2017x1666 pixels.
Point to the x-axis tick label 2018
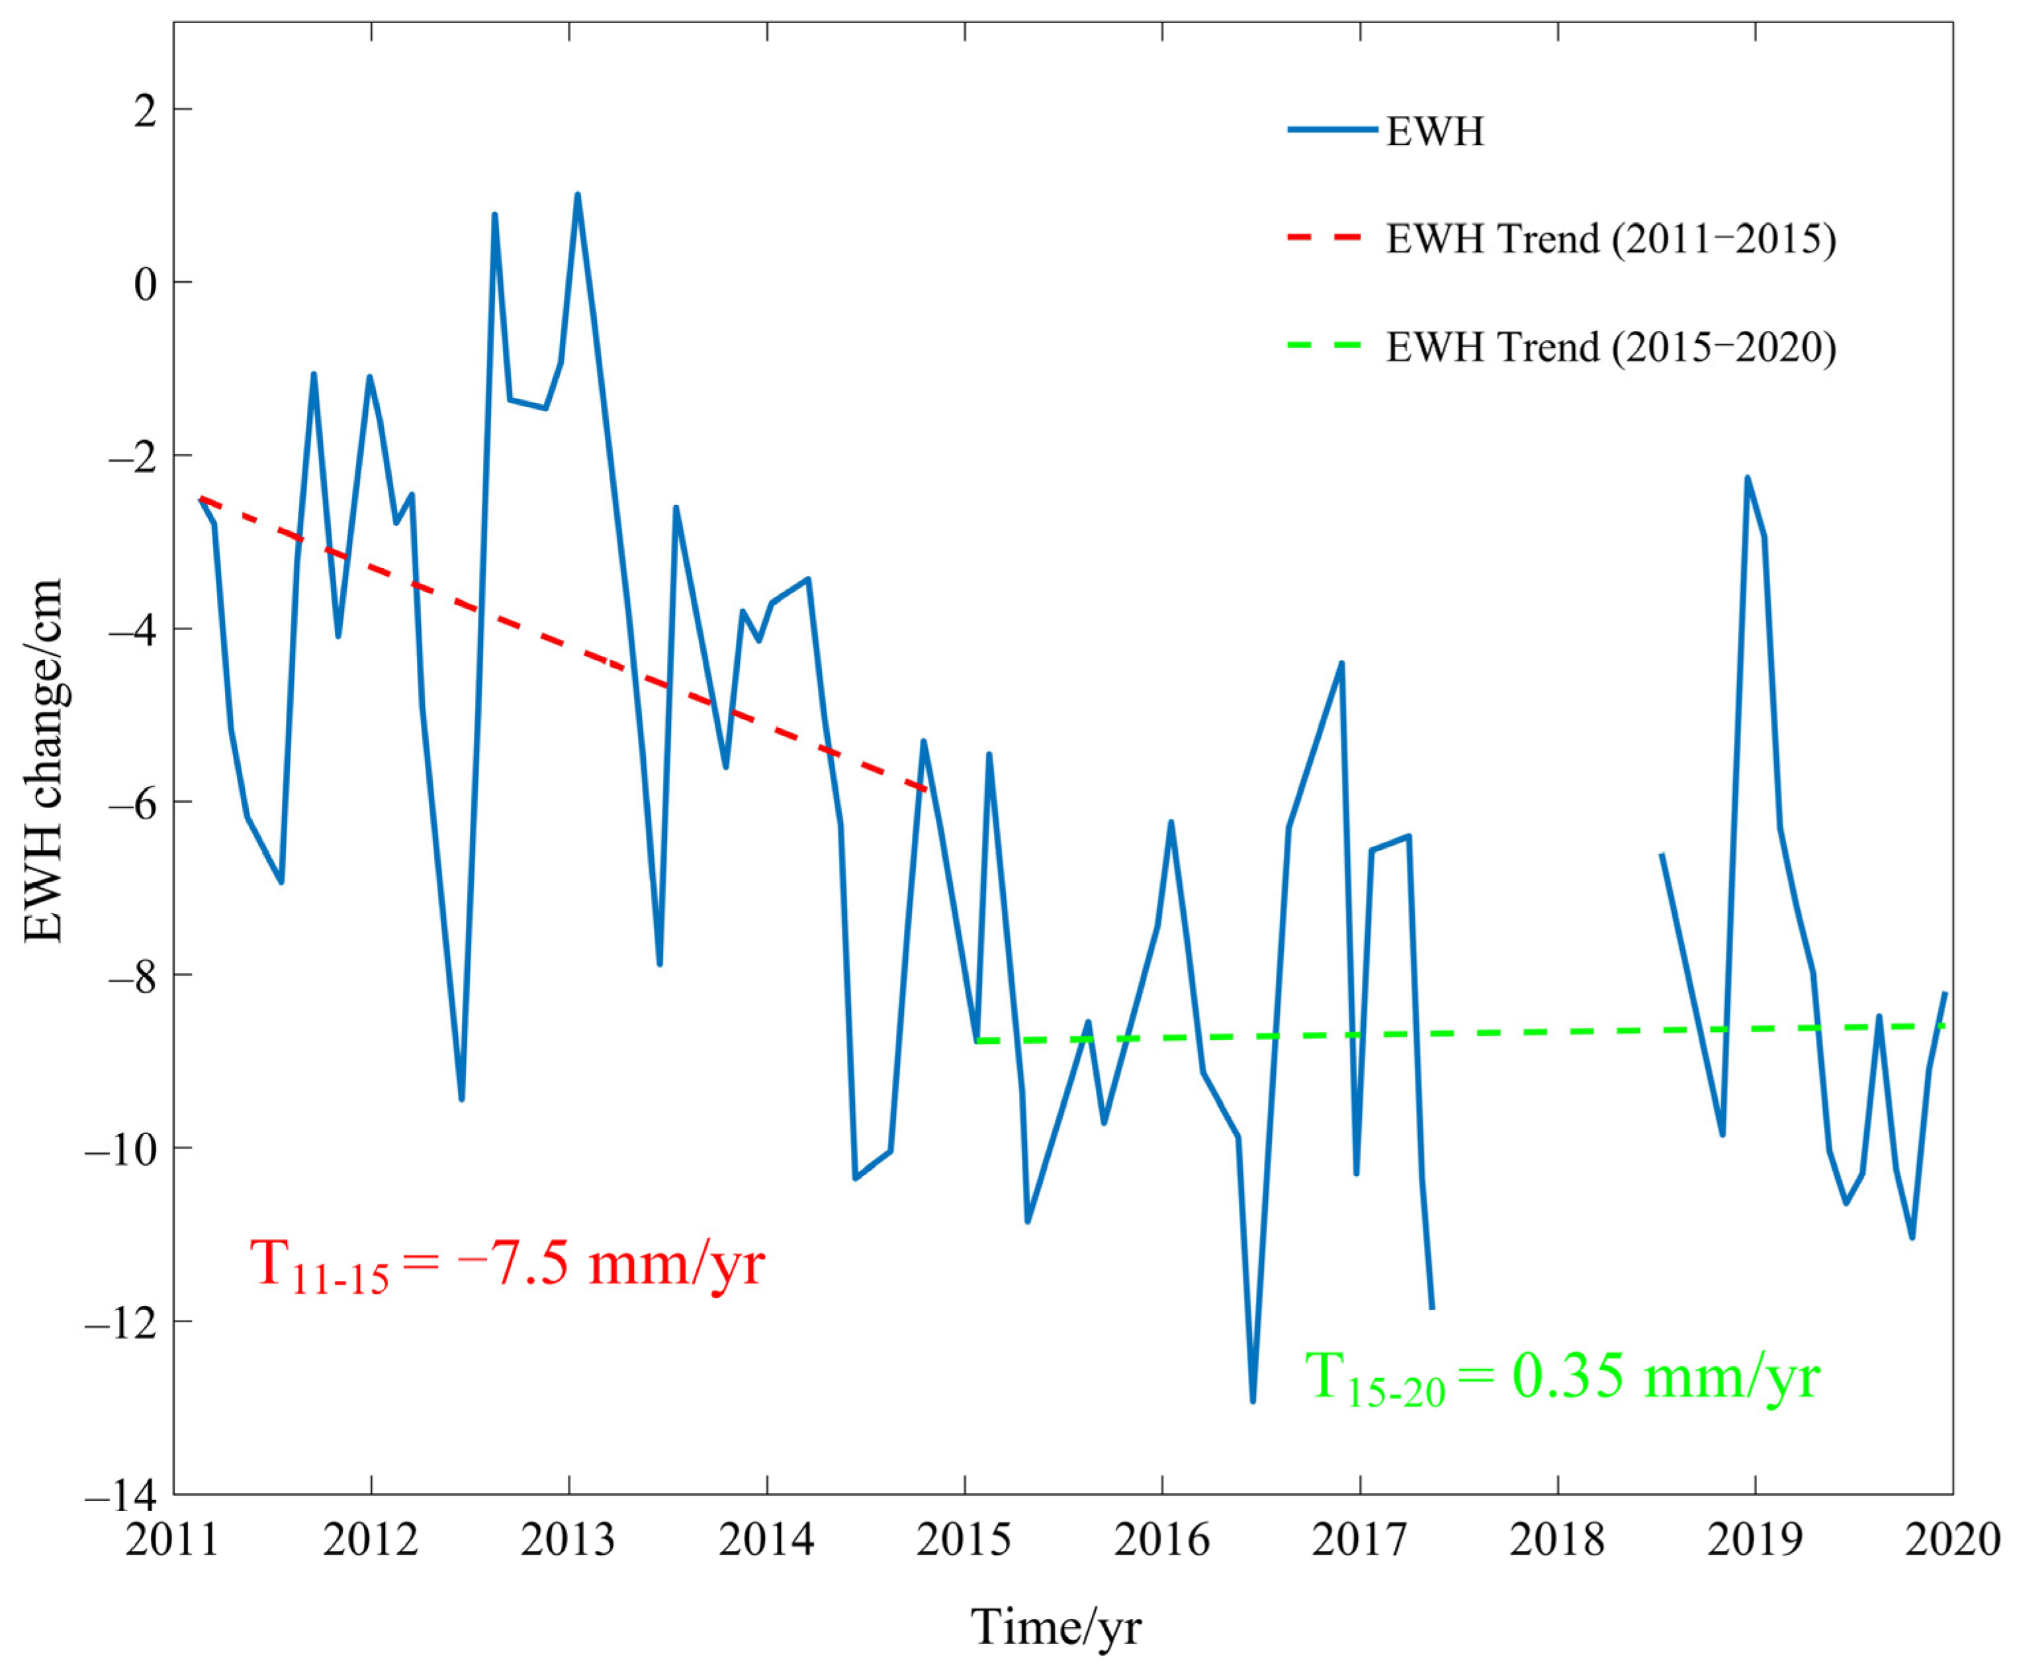1556,1540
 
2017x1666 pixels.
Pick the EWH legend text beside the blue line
1435,132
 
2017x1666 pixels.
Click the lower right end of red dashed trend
926,790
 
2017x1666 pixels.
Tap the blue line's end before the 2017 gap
1431,1308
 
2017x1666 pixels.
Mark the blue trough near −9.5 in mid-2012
461,1099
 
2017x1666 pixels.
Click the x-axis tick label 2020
1951,1540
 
